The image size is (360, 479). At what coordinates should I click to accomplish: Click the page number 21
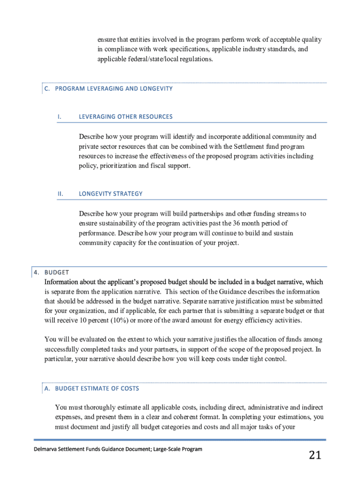click(x=315, y=455)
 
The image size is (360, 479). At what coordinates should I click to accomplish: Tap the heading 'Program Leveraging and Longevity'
click(x=114, y=88)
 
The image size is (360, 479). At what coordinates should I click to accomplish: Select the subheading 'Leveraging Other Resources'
click(x=125, y=116)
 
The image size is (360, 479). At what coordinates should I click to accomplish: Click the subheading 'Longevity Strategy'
click(x=110, y=194)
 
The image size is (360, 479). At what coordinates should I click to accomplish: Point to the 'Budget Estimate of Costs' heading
click(x=97, y=388)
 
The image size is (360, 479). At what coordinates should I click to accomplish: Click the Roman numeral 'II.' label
click(x=60, y=194)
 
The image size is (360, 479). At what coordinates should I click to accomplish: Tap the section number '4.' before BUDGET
click(x=36, y=272)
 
